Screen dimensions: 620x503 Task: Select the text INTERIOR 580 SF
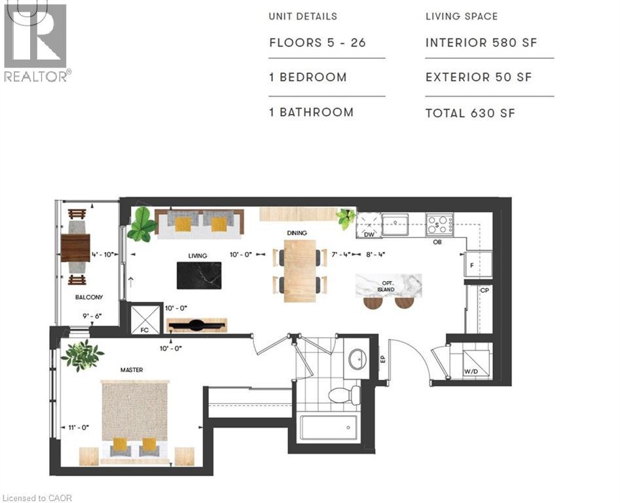(x=481, y=43)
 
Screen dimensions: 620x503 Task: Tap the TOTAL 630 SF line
(x=470, y=113)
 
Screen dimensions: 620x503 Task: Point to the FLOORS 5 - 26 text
(x=318, y=43)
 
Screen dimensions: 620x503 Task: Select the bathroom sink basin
(x=358, y=359)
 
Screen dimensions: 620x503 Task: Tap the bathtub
(x=329, y=427)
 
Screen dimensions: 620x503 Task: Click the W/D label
(x=471, y=372)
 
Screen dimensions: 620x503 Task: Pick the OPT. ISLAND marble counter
(x=388, y=286)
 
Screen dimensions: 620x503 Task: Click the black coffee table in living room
(x=199, y=276)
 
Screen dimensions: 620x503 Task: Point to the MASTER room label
(x=132, y=370)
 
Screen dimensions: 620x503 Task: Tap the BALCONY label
(x=89, y=297)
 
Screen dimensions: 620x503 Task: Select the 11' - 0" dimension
(x=79, y=428)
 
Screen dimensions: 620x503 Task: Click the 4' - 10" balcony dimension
(x=103, y=255)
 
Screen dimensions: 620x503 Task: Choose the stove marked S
(x=440, y=224)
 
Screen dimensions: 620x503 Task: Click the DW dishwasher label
(x=369, y=234)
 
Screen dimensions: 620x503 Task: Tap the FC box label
(x=145, y=330)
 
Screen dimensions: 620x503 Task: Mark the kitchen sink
(x=395, y=224)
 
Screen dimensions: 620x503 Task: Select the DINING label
(x=297, y=233)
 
